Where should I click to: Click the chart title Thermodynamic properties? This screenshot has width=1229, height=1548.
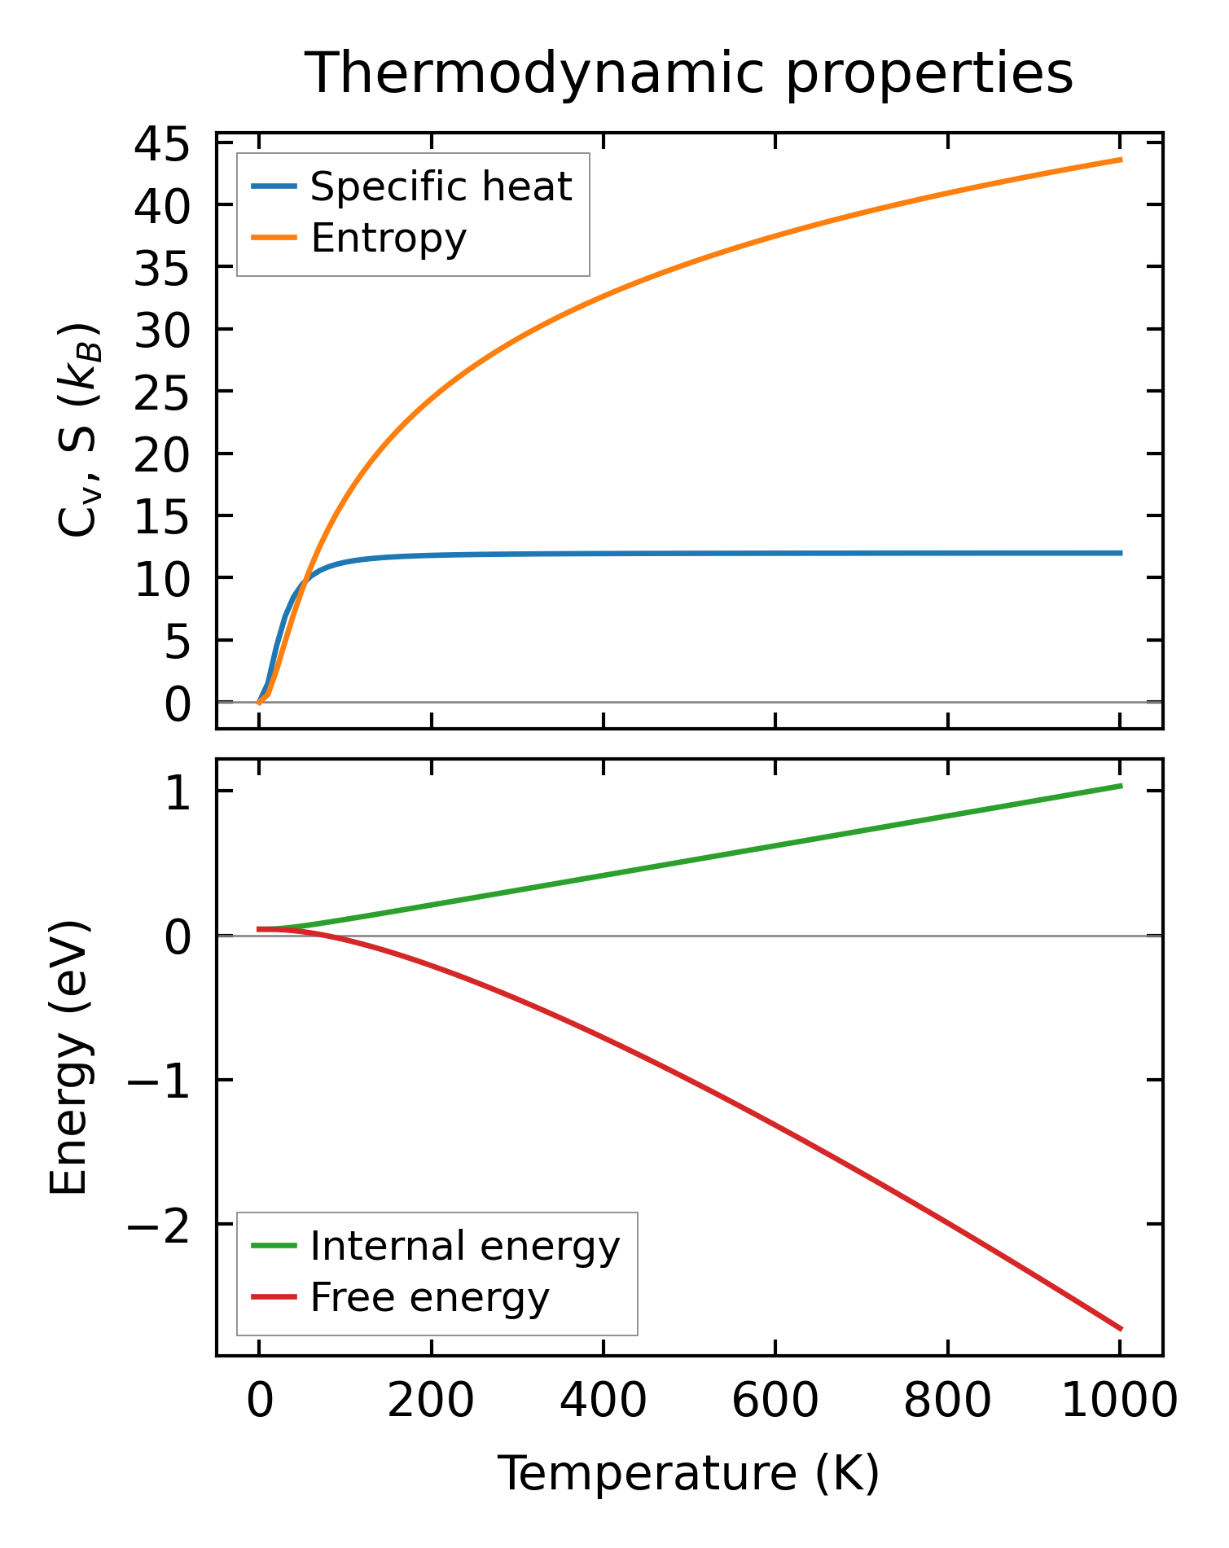(x=689, y=73)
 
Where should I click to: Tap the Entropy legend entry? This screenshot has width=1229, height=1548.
(x=388, y=238)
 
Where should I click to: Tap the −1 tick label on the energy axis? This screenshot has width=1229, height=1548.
(x=159, y=1081)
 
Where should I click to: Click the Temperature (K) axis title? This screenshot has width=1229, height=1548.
(x=689, y=1474)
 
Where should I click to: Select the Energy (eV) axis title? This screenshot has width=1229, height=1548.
(x=68, y=1059)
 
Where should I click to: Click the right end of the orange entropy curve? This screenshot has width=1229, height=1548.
(x=1121, y=160)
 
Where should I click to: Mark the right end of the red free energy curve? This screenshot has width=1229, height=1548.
(x=1121, y=1329)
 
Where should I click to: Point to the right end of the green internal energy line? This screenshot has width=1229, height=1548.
(x=1121, y=786)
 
